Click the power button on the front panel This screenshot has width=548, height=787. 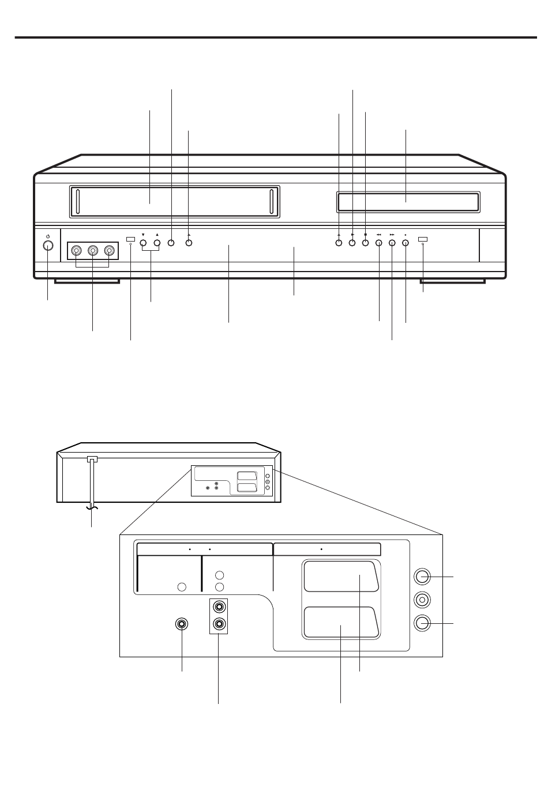click(x=48, y=245)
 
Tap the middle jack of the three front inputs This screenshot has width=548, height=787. click(x=92, y=251)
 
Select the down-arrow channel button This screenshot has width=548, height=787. click(x=143, y=243)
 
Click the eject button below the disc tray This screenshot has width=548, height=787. click(x=339, y=243)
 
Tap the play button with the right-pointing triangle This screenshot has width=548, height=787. click(x=352, y=243)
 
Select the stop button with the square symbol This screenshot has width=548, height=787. click(x=365, y=243)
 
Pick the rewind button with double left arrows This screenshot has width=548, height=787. click(x=379, y=243)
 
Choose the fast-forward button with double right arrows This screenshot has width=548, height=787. click(x=392, y=243)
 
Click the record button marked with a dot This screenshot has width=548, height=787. click(x=406, y=243)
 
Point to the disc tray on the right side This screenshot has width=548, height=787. click(x=407, y=202)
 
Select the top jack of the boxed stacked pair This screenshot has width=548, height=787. click(x=219, y=607)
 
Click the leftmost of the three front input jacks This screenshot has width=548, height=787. click(x=76, y=251)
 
